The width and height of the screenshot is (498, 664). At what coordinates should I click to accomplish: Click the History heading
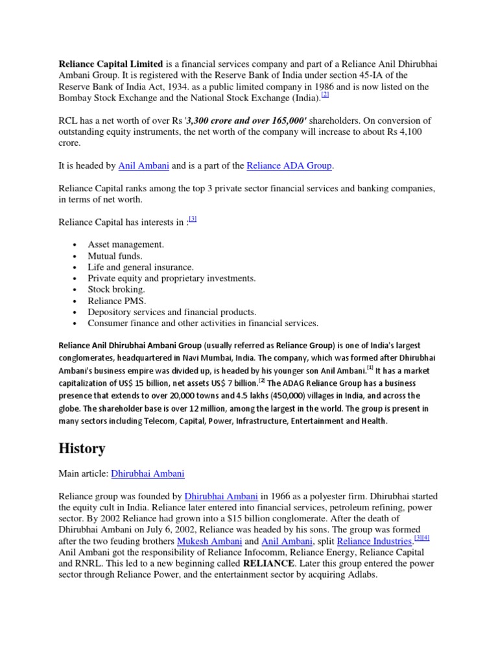click(x=82, y=448)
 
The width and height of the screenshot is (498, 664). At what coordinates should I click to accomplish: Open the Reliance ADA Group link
click(x=289, y=166)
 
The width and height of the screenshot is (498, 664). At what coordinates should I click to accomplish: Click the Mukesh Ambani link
click(x=202, y=541)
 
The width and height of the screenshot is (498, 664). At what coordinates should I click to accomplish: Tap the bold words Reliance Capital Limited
click(x=111, y=64)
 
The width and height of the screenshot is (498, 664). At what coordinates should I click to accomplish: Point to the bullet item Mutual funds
click(x=115, y=255)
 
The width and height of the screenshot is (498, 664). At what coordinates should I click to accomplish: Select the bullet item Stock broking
click(x=117, y=289)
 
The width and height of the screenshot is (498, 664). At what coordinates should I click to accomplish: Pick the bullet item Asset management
click(x=126, y=244)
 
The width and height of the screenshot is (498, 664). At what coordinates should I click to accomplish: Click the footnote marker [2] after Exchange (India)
click(x=326, y=95)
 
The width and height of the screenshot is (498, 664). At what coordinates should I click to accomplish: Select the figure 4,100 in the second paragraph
click(x=414, y=132)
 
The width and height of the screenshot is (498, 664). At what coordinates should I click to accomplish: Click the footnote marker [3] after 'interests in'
click(x=193, y=219)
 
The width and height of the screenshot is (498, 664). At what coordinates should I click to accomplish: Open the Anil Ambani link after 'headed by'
click(x=144, y=166)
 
